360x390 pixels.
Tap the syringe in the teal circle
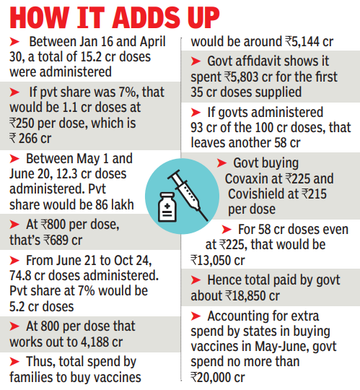pyautogui.click(x=188, y=195)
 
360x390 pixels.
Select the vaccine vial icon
pyautogui.click(x=167, y=207)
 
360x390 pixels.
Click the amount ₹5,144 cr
pyautogui.click(x=309, y=42)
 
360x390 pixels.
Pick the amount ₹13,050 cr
pyautogui.click(x=218, y=261)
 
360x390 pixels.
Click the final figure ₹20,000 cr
pyautogui.click(x=218, y=377)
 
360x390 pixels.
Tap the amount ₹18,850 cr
pyautogui.click(x=253, y=295)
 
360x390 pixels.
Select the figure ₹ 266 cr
pyautogui.click(x=30, y=138)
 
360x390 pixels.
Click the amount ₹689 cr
pyautogui.click(x=63, y=240)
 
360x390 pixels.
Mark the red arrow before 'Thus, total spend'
pyautogui.click(x=14, y=362)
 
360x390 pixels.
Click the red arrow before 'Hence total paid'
pyautogui.click(x=196, y=280)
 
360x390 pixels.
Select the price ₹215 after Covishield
pyautogui.click(x=314, y=194)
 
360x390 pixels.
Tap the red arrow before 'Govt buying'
pyautogui.click(x=221, y=163)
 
